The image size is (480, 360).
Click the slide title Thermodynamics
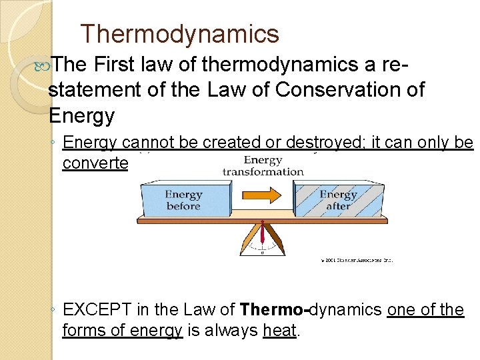pos(179,33)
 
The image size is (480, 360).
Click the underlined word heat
pos(280,331)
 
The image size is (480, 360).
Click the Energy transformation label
pos(263,165)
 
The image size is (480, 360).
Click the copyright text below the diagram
pos(356,260)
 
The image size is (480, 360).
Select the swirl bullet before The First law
pos(45,65)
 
